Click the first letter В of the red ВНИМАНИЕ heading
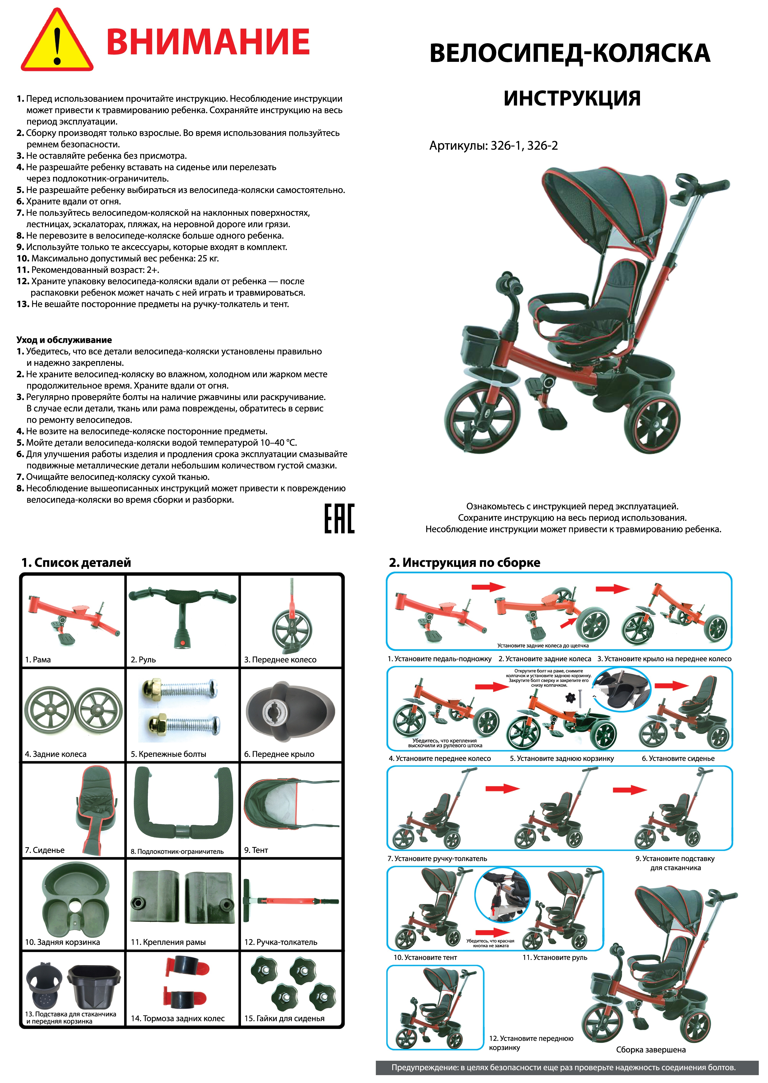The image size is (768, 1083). coord(120,42)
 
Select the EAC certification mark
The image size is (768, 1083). coord(339,518)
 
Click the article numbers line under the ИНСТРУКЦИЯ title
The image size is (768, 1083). coord(493,146)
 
